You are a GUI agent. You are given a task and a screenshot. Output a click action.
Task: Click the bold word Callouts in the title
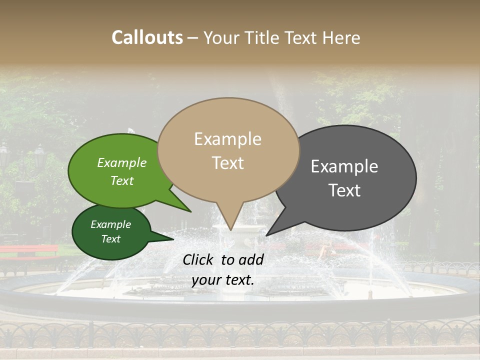pyautogui.click(x=147, y=37)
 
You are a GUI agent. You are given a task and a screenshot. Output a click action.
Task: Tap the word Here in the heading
pyautogui.click(x=342, y=37)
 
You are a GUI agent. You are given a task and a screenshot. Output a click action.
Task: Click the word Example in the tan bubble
pyautogui.click(x=227, y=139)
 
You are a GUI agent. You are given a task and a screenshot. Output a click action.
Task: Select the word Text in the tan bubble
pyautogui.click(x=227, y=163)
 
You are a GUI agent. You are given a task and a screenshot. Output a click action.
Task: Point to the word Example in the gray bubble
pyautogui.click(x=344, y=166)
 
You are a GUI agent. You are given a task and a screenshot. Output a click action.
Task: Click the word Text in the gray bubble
pyautogui.click(x=344, y=190)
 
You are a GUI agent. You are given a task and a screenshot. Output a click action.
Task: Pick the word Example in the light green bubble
pyautogui.click(x=122, y=163)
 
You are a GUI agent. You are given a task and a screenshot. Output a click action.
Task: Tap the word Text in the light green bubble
pyautogui.click(x=122, y=180)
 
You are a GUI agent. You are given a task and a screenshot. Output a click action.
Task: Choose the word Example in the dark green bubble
pyautogui.click(x=110, y=224)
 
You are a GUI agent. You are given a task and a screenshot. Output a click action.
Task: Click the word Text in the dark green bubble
pyautogui.click(x=110, y=239)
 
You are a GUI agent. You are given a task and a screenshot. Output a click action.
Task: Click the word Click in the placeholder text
pyautogui.click(x=199, y=259)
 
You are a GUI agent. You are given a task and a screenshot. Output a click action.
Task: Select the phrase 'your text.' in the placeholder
pyautogui.click(x=222, y=280)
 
